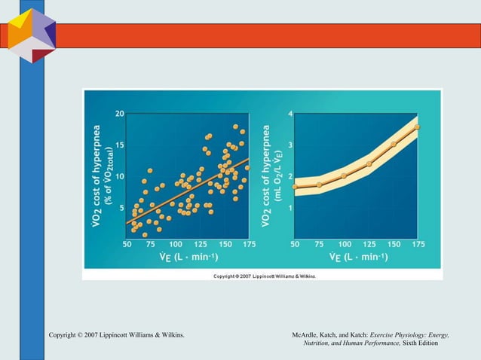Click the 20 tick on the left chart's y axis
[120, 114]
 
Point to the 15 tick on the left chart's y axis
[120, 145]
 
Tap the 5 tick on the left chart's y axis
[121, 208]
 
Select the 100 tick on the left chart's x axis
[175, 244]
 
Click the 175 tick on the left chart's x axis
[247, 244]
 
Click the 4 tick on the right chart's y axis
[290, 114]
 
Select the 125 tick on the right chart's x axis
[369, 244]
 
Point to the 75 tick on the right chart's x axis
[319, 244]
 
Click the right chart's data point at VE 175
[417, 127]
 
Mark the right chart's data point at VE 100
[344, 175]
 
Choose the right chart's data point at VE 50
[295, 186]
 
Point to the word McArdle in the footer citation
[308, 334]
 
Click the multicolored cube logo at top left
[32, 35]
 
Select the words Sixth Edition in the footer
[420, 343]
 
